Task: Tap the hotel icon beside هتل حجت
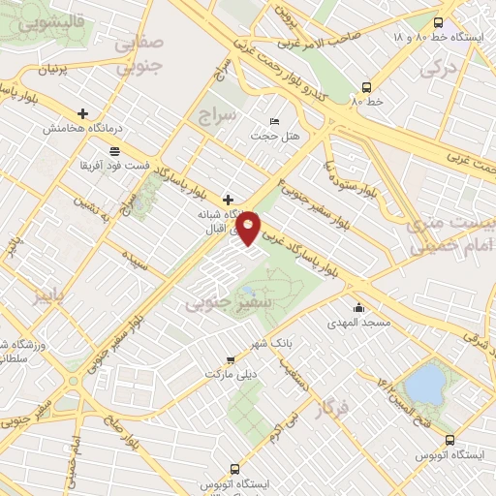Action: [274, 121]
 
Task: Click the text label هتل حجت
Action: [264, 136]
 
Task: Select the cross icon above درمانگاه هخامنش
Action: [82, 113]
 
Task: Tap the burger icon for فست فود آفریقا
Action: [115, 151]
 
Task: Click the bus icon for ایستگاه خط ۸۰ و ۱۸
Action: [438, 22]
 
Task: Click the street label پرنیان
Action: [55, 71]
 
